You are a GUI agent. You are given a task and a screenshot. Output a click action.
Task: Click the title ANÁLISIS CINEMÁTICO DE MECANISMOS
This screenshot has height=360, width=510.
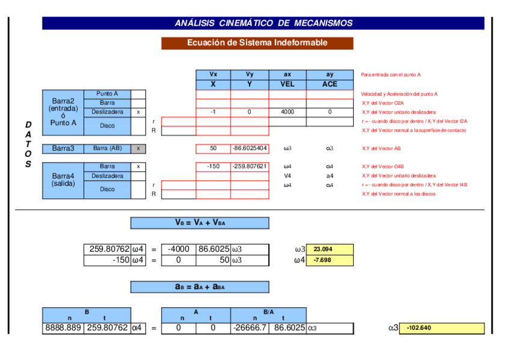click(263, 23)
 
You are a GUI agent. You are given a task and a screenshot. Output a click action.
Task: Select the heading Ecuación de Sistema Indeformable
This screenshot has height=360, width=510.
click(257, 43)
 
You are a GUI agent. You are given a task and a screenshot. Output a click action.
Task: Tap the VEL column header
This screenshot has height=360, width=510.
click(287, 84)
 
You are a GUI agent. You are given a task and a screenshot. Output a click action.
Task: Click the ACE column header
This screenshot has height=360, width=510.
click(330, 84)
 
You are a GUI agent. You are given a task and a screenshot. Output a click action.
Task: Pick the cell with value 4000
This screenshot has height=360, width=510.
click(287, 112)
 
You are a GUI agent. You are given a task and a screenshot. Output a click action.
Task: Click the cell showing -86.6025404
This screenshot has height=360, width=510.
click(250, 148)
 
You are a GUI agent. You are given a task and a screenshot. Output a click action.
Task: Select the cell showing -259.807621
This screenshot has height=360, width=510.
click(250, 166)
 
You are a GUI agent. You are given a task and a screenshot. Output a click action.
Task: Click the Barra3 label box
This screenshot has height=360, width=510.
click(63, 148)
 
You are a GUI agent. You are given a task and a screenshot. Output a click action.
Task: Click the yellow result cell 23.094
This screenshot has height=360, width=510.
click(330, 249)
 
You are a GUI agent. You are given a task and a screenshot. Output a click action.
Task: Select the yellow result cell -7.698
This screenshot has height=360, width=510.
click(330, 260)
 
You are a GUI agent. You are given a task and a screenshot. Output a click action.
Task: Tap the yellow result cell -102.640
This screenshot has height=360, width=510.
click(441, 329)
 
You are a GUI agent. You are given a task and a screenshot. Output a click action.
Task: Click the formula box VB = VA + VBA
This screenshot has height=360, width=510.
click(200, 223)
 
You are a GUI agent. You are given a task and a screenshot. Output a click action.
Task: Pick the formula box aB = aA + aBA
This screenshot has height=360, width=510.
click(200, 287)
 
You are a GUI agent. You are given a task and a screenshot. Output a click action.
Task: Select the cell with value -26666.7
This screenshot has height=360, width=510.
click(250, 328)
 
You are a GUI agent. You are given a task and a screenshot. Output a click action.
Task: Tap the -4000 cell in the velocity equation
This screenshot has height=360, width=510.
click(179, 249)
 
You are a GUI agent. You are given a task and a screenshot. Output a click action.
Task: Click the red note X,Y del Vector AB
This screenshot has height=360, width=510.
click(378, 148)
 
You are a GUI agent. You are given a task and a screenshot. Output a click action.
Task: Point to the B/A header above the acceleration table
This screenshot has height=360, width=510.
click(268, 312)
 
